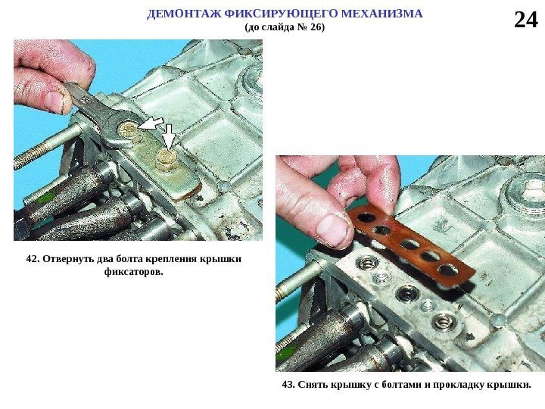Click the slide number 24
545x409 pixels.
tap(525, 20)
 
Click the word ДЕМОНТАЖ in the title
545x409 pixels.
tap(184, 14)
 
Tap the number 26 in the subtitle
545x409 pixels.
tap(316, 27)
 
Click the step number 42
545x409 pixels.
tap(33, 259)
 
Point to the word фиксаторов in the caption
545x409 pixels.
tap(133, 272)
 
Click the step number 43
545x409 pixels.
tap(288, 385)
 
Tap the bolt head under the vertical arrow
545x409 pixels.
tap(167, 158)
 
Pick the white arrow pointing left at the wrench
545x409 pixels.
tap(150, 123)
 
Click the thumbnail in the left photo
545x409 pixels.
tap(54, 101)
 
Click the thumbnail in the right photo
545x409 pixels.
tap(332, 230)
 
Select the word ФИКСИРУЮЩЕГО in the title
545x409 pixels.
tap(281, 14)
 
